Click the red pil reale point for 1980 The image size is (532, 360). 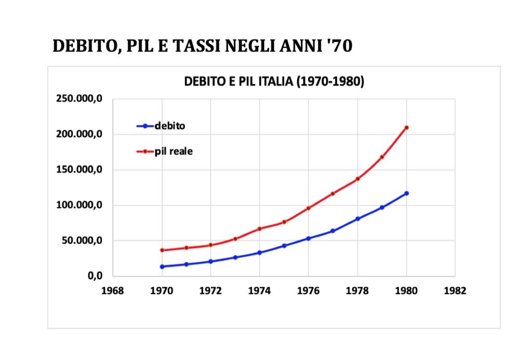point(406,127)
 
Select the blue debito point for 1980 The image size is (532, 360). point(406,193)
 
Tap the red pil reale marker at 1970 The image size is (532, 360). point(162,250)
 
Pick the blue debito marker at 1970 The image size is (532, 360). point(162,266)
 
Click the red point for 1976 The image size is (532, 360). point(309,208)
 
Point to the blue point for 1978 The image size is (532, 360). point(357,219)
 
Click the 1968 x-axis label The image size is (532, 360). point(113,291)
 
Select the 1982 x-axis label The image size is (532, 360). point(455,291)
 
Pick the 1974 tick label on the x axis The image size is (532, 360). point(260,291)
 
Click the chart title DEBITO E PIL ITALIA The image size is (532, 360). point(274,82)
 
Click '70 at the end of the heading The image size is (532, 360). point(340,46)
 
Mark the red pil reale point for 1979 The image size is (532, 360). point(382,157)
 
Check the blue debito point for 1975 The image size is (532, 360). point(284,246)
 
